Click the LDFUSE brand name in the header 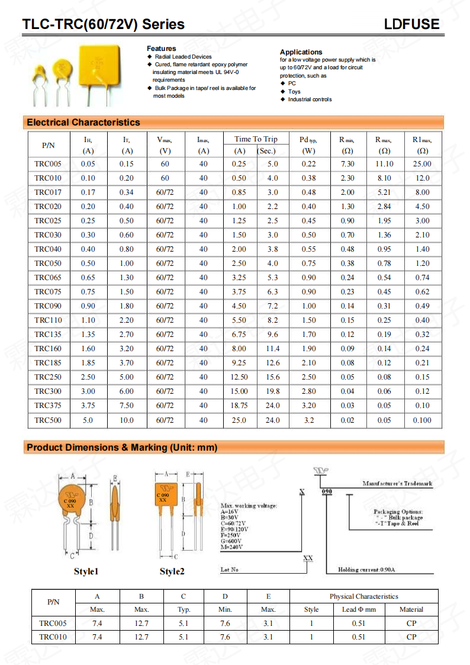[411, 24]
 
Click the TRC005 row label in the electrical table [47, 164]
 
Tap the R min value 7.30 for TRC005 [347, 164]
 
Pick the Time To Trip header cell [255, 139]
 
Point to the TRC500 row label [47, 420]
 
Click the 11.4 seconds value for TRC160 [272, 349]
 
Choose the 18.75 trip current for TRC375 [239, 406]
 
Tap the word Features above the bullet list [161, 49]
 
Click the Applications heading [301, 52]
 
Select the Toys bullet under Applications [294, 92]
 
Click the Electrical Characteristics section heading [83, 123]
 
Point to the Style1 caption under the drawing [86, 571]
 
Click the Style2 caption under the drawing [172, 571]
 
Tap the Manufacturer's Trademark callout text [397, 483]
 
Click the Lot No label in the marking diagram [229, 570]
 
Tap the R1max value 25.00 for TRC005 [422, 164]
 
